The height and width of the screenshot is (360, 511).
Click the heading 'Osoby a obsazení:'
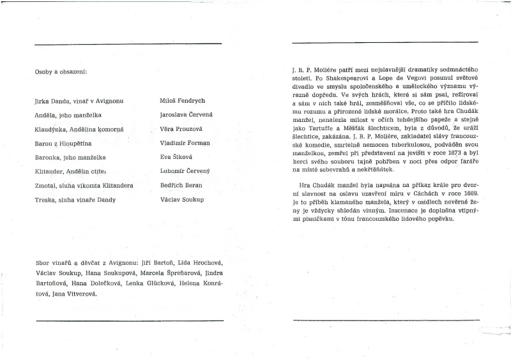click(61, 71)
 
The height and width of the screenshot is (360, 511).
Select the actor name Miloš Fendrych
click(182, 101)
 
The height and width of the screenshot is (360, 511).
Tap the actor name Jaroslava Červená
click(187, 115)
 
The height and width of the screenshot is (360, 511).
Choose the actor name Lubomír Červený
click(185, 172)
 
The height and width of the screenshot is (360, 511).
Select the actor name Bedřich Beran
click(181, 186)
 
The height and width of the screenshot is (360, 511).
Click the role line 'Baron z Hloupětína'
click(63, 144)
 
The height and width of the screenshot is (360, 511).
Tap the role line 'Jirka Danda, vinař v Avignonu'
click(79, 101)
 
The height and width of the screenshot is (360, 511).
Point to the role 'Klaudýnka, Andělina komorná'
click(79, 130)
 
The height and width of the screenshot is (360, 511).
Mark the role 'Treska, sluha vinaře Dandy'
click(74, 200)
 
